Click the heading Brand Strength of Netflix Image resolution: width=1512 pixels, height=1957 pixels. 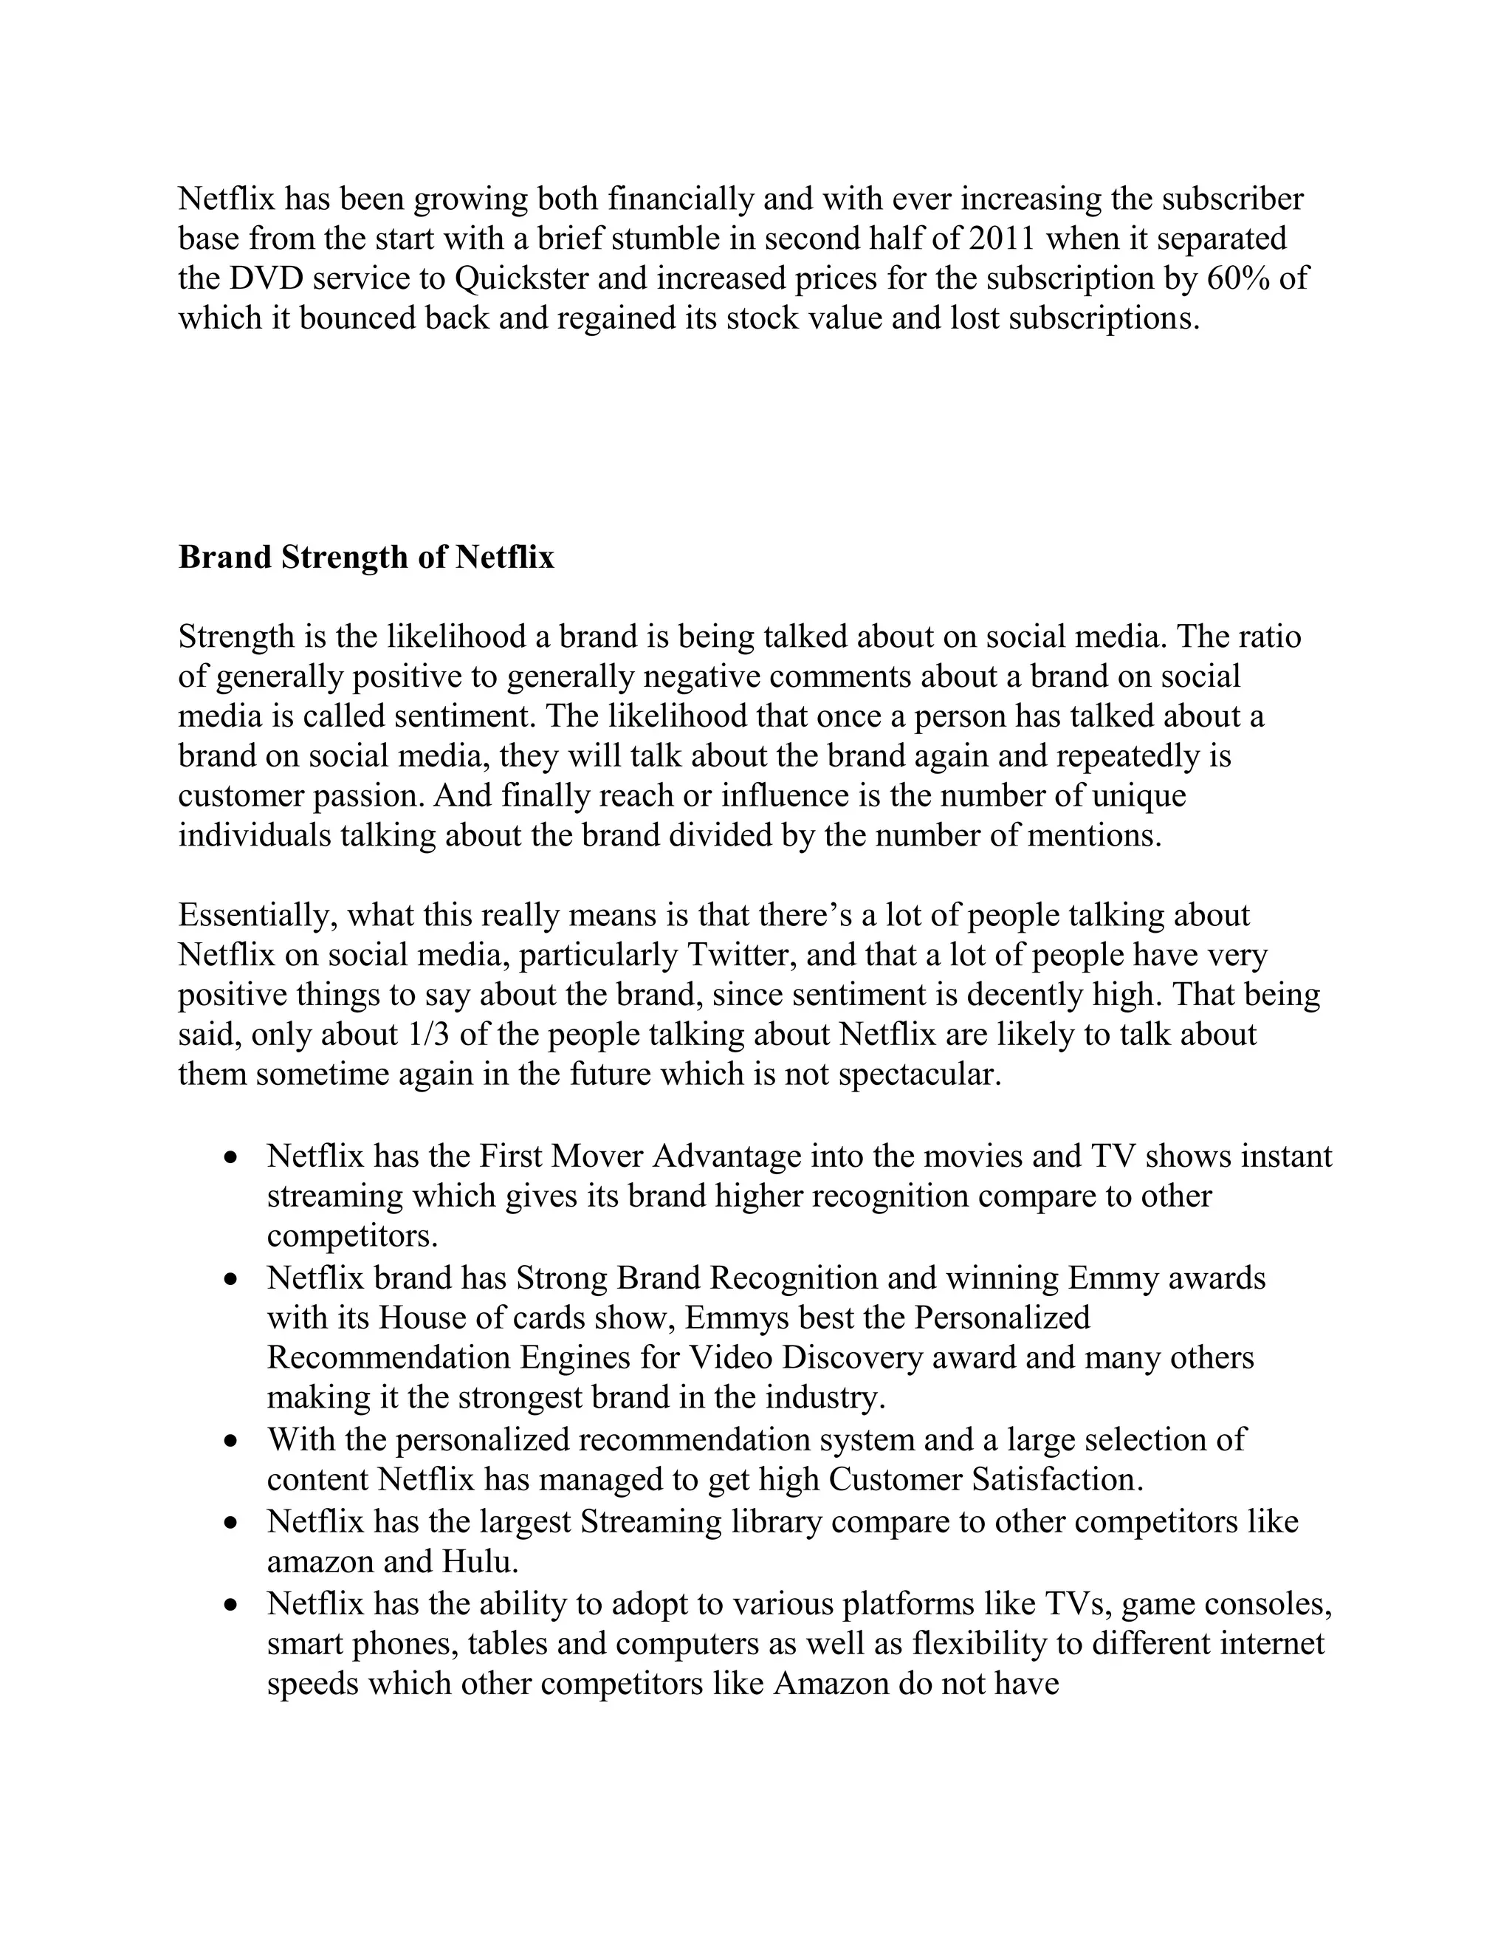click(x=366, y=558)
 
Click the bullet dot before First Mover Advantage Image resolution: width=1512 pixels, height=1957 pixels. click(x=232, y=1158)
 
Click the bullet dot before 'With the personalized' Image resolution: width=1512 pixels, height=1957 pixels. click(x=232, y=1442)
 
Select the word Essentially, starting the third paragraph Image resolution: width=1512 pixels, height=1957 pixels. click(x=257, y=916)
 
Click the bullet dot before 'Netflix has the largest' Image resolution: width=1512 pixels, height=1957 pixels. click(x=232, y=1524)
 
